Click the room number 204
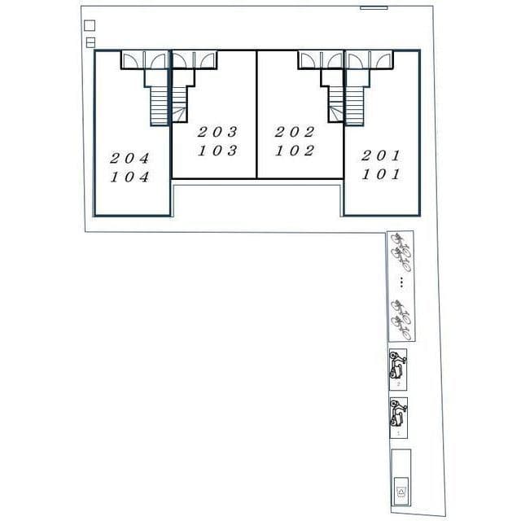coord(129,158)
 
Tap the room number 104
coord(129,177)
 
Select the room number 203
coord(217,132)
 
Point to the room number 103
coord(217,151)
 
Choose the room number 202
coord(295,132)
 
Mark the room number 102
coord(295,151)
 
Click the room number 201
coord(381,155)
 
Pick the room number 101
coord(381,174)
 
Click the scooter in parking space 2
coord(398,365)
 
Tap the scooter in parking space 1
coord(398,414)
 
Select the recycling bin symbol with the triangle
coord(401,492)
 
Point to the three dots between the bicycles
coord(401,282)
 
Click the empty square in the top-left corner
coord(90,25)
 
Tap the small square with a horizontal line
coord(90,42)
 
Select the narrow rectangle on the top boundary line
coord(374,7)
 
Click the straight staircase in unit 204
coord(160,107)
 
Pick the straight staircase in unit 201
coord(355,107)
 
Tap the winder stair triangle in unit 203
coord(179,114)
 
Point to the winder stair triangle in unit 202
coord(336,114)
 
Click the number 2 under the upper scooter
coord(398,384)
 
